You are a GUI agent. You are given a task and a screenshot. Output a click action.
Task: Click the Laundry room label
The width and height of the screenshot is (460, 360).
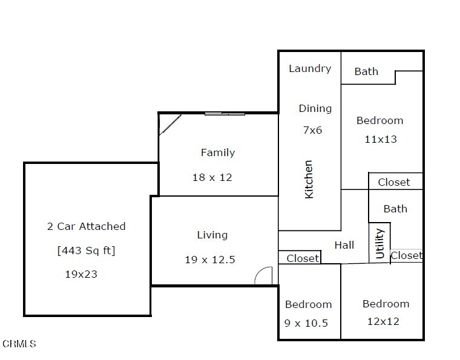[310, 68]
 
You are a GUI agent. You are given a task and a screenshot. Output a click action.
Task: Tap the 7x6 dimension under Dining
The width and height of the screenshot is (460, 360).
[312, 130]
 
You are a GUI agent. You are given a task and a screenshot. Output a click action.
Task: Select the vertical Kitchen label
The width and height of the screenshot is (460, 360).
[309, 180]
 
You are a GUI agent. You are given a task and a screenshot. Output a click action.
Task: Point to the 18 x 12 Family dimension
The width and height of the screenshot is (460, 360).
[212, 177]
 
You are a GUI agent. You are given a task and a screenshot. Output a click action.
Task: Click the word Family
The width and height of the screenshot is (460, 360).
[218, 152]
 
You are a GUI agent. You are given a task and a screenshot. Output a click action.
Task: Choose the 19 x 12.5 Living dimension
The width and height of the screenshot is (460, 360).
[210, 260]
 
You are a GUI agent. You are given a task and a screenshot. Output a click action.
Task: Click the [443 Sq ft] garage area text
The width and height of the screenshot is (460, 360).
[86, 250]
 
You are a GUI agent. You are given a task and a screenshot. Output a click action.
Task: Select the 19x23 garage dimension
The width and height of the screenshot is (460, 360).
[81, 275]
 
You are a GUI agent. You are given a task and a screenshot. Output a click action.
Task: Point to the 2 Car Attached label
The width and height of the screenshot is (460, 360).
[86, 226]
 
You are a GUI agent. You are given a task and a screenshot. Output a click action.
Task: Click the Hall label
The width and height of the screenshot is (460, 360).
[344, 245]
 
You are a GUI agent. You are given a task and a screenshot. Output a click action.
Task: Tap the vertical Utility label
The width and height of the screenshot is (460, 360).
[379, 244]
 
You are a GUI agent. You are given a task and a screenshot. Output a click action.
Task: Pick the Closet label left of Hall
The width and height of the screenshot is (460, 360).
[303, 258]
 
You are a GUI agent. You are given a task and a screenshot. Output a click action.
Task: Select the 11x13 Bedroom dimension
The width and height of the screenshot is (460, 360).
[381, 139]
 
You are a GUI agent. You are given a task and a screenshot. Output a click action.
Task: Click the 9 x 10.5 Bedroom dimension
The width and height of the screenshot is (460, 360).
[306, 323]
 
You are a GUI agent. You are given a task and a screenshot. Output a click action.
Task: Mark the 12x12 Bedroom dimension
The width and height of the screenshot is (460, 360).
[383, 322]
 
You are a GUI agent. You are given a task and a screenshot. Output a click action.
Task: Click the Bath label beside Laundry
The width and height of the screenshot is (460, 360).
[366, 71]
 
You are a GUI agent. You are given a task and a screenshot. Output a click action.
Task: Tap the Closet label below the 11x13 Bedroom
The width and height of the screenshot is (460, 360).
[393, 182]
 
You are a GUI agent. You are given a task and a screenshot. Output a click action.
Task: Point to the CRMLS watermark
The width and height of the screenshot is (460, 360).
[19, 344]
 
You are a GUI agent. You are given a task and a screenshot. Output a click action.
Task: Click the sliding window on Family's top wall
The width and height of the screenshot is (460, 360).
[225, 114]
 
